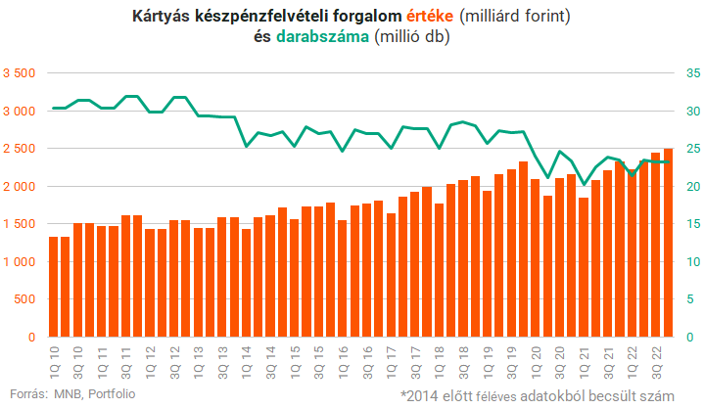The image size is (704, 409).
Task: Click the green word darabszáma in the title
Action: click(324, 37)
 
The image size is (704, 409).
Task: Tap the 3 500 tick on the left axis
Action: click(19, 73)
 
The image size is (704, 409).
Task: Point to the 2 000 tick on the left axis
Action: click(19, 187)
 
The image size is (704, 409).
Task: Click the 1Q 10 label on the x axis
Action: click(54, 357)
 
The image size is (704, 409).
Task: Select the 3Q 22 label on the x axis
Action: click(655, 357)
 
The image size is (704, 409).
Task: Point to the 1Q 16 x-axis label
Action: click(342, 357)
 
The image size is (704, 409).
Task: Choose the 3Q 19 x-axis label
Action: click(511, 357)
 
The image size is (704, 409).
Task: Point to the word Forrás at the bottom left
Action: click(26, 393)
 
